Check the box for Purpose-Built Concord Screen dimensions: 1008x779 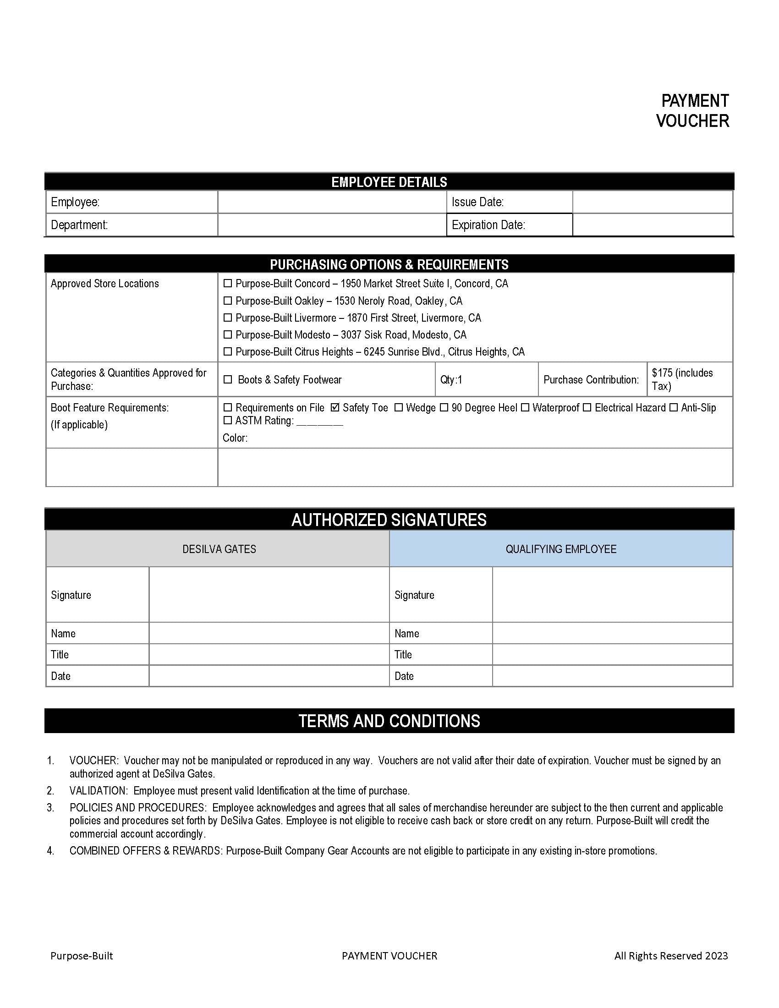(x=228, y=283)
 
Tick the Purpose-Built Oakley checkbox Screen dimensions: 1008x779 (x=228, y=301)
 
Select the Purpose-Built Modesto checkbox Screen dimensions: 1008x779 (x=228, y=334)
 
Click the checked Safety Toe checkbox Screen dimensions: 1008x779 (x=335, y=407)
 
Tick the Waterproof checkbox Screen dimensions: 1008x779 (x=525, y=407)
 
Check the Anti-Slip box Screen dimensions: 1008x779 (x=674, y=407)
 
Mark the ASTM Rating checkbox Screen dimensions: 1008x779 (x=228, y=421)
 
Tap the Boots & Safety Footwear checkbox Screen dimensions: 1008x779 (x=228, y=379)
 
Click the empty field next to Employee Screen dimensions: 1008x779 (x=332, y=202)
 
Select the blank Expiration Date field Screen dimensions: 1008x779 (x=652, y=225)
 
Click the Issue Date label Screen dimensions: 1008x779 (x=477, y=202)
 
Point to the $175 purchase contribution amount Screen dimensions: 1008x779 (x=682, y=379)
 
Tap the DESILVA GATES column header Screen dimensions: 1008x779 (x=219, y=549)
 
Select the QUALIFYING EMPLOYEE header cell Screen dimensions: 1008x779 (x=561, y=549)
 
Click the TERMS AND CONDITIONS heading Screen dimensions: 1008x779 (x=389, y=721)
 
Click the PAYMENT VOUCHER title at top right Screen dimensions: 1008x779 (x=694, y=111)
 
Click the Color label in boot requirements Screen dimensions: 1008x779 (x=235, y=438)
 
